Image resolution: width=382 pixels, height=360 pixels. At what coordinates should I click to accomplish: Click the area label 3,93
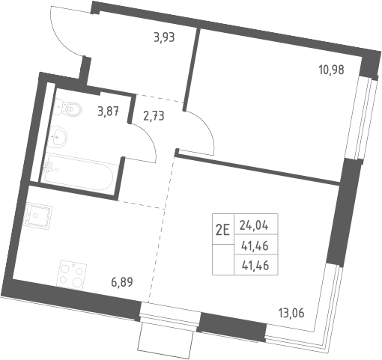(x=164, y=38)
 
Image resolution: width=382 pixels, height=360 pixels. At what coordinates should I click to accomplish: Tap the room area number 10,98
(x=331, y=70)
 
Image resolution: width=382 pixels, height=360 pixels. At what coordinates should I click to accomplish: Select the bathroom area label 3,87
(x=108, y=112)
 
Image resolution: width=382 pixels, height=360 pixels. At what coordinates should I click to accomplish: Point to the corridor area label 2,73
(x=154, y=116)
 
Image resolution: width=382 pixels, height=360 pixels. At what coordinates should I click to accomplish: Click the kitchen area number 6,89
(x=122, y=282)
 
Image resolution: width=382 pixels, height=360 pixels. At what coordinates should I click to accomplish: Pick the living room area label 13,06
(x=291, y=313)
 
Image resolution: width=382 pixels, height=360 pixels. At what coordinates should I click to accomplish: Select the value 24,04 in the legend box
(x=254, y=226)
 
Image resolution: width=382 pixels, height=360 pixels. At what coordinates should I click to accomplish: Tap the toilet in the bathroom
(x=68, y=108)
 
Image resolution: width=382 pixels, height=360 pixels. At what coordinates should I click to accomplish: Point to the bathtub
(x=78, y=172)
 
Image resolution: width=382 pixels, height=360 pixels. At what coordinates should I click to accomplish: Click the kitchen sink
(x=38, y=216)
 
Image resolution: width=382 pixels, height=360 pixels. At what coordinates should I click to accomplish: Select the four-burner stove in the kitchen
(x=71, y=274)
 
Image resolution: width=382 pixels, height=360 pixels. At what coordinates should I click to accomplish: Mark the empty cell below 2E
(x=223, y=260)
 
